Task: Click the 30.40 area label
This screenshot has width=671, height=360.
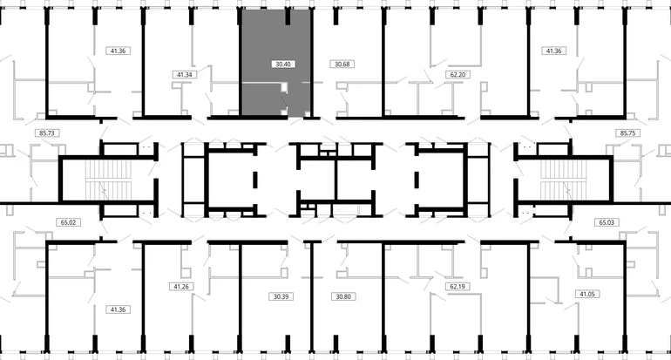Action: point(283,65)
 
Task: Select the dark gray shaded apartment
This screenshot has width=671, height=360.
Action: point(276,63)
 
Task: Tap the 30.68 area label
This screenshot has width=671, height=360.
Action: point(342,65)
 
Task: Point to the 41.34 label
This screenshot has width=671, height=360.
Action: point(185,74)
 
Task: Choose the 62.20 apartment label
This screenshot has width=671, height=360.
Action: point(457,74)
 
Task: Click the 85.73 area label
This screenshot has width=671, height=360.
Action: point(47,133)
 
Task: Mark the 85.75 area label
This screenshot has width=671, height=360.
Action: point(627,133)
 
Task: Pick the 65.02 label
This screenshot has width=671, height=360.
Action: point(68,222)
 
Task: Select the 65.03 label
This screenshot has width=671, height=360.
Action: point(607,222)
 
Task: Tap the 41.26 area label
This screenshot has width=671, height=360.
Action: point(181,287)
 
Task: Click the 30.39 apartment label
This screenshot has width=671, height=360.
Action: point(281,296)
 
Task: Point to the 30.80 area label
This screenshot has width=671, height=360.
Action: point(343,296)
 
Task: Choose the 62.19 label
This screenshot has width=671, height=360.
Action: point(457,287)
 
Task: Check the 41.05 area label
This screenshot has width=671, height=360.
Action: point(587,294)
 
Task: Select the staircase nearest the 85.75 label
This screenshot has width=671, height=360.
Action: point(563,180)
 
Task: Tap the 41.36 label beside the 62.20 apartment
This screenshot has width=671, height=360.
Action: point(553,51)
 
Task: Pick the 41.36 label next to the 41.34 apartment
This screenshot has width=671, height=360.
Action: point(118,51)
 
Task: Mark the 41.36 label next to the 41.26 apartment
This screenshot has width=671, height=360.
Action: point(118,309)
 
